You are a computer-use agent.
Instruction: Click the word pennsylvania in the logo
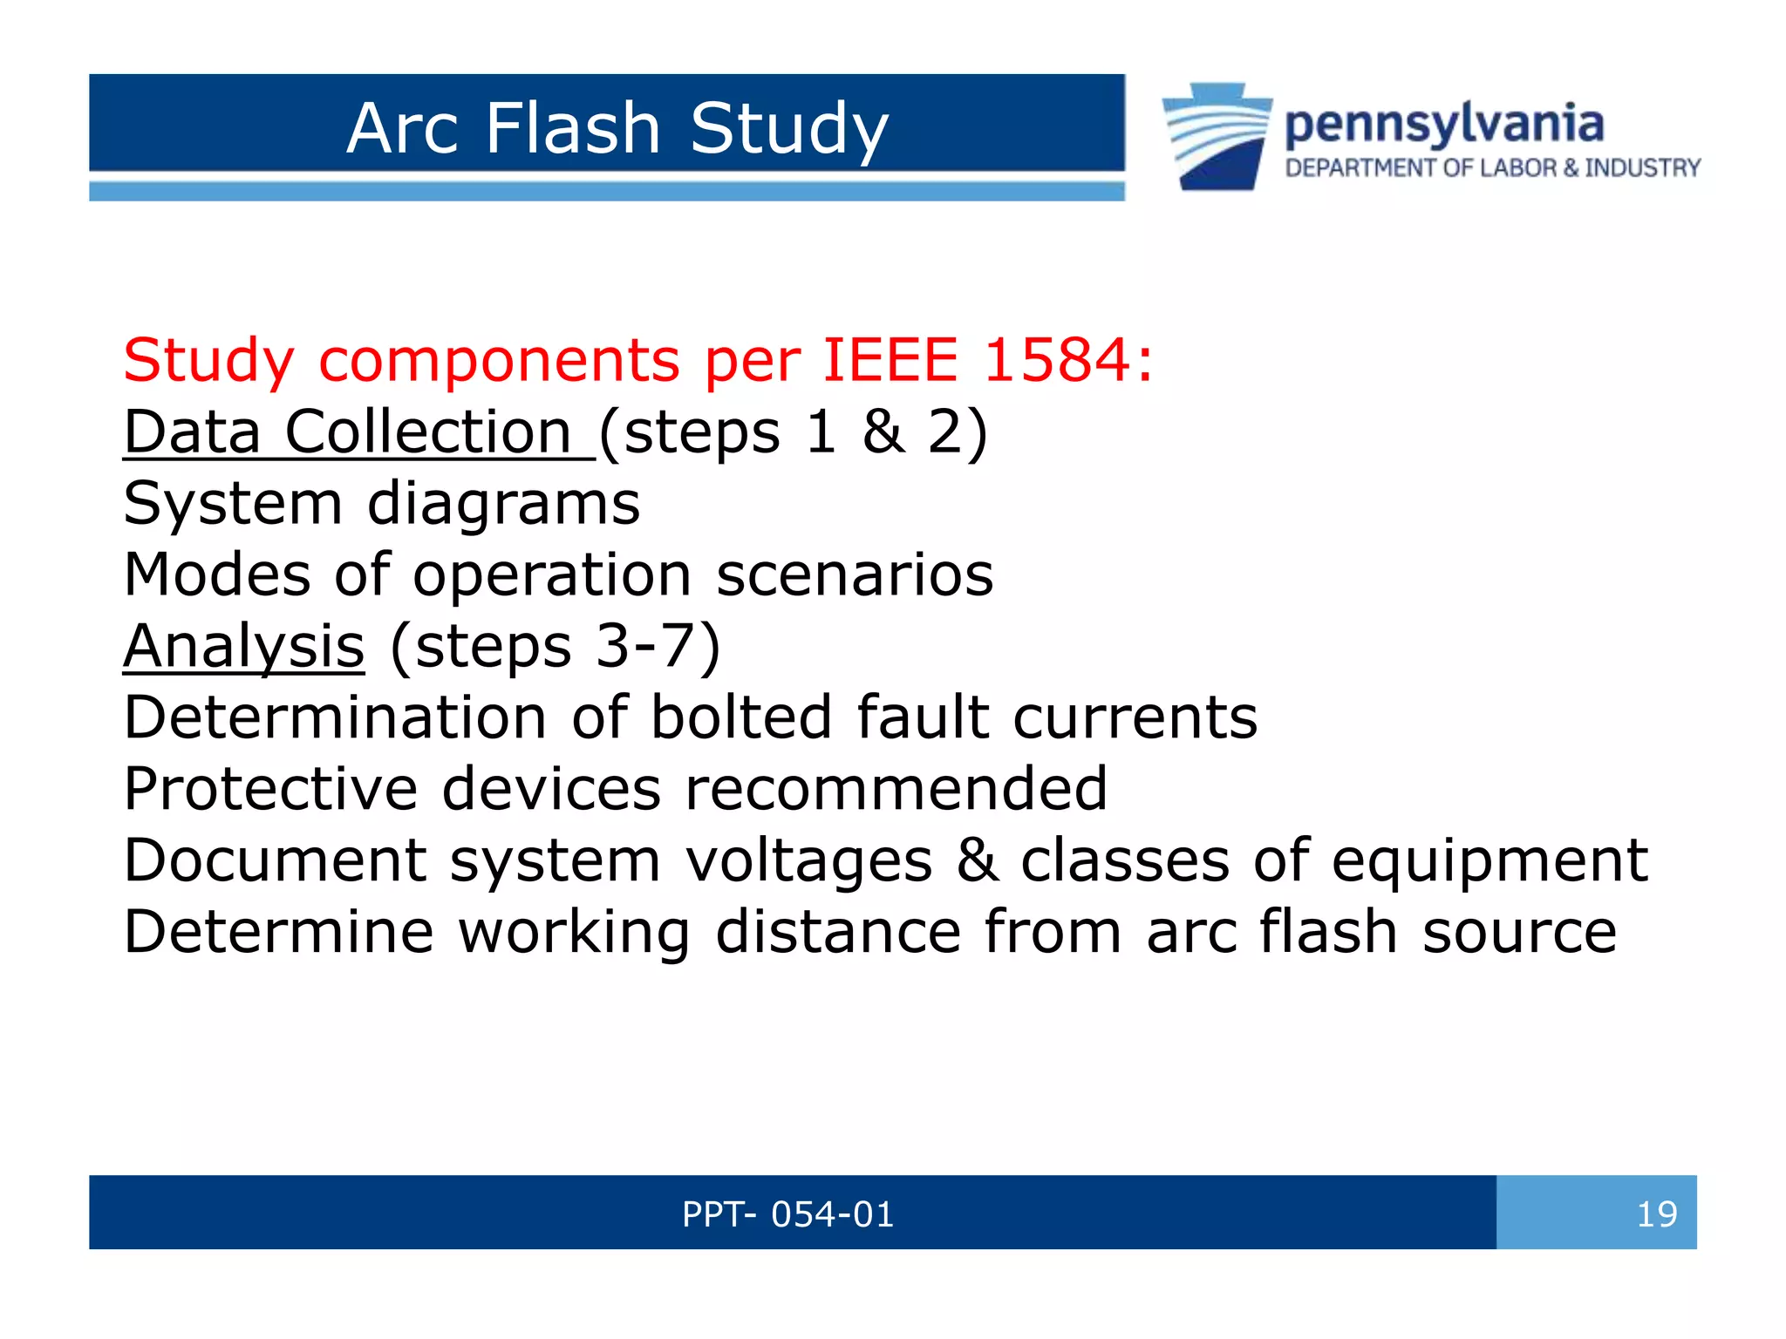click(1444, 124)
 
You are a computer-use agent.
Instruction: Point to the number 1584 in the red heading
click(1058, 360)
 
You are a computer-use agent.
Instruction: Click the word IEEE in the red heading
click(890, 360)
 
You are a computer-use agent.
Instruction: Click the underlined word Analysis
click(244, 647)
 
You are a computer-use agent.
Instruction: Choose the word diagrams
click(503, 504)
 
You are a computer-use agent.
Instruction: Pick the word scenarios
click(855, 575)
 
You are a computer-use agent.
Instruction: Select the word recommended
click(896, 789)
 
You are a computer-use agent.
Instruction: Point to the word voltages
click(808, 861)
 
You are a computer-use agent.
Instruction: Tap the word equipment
click(1489, 861)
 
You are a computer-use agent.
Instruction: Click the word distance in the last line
click(838, 932)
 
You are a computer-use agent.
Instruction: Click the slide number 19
click(1656, 1214)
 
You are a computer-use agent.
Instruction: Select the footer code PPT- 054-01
click(788, 1214)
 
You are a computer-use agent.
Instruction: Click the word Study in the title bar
click(789, 128)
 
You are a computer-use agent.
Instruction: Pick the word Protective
click(270, 789)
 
